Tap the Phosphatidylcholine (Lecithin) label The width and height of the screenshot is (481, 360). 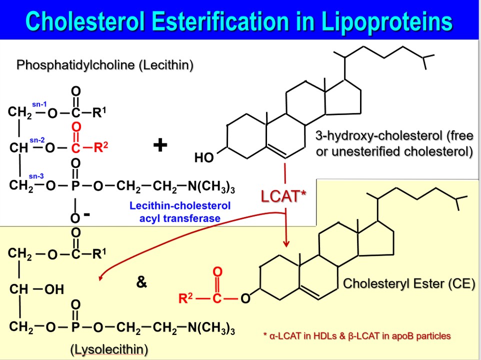click(x=105, y=65)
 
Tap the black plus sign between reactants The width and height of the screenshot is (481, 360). click(x=160, y=145)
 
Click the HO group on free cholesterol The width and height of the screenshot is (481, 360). click(x=204, y=158)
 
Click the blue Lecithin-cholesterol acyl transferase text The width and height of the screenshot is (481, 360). click(x=180, y=212)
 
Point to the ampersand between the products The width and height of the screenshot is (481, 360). click(x=141, y=282)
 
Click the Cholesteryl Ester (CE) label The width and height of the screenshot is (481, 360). click(x=408, y=284)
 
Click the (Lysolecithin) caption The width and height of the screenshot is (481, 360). click(x=109, y=349)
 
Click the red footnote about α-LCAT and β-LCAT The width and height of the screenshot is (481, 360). click(x=357, y=336)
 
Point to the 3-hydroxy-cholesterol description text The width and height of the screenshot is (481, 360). click(x=394, y=142)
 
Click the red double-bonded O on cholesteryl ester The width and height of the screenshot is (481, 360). click(x=217, y=272)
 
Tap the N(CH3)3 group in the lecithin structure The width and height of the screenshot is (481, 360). click(x=211, y=187)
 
